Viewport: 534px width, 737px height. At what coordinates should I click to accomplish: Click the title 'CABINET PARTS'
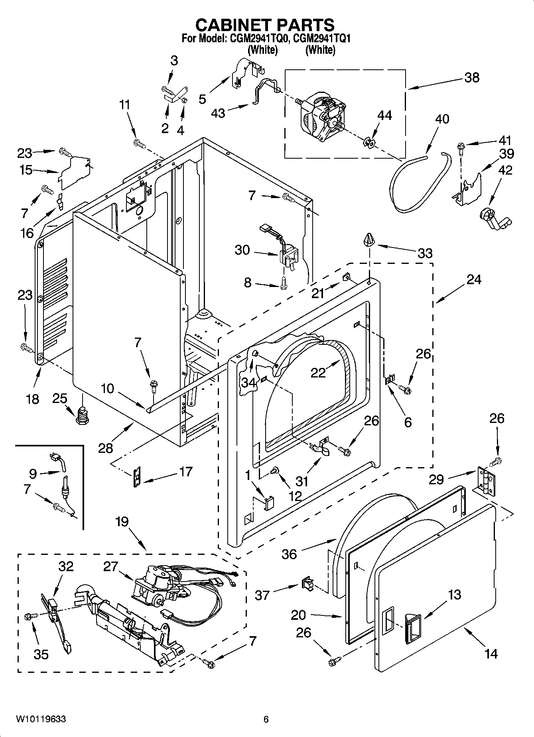click(x=265, y=25)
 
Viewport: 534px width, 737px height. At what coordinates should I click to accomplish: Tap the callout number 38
click(x=471, y=77)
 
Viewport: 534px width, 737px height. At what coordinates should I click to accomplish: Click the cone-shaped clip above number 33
click(x=369, y=240)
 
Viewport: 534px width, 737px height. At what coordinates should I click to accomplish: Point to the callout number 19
click(x=122, y=521)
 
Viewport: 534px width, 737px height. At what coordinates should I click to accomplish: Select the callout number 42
click(x=505, y=170)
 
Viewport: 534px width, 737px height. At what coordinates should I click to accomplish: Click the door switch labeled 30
click(x=288, y=255)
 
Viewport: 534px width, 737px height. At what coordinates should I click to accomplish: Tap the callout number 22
click(x=318, y=373)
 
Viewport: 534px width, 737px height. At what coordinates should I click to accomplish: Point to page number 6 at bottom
click(x=266, y=719)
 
